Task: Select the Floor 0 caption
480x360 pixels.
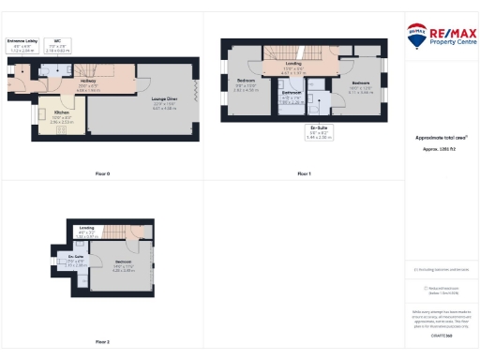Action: pos(102,174)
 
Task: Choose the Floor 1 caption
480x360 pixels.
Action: pos(304,174)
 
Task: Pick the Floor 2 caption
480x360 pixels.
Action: pos(102,342)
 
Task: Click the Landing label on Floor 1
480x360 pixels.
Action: pos(293,67)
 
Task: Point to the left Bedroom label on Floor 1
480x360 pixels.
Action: pos(246,85)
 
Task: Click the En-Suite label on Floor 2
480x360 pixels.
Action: pos(77,259)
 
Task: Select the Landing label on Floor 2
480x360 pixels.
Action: pos(87,232)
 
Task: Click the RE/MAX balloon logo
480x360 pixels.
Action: pos(417,36)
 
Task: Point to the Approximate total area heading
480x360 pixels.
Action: pos(435,137)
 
